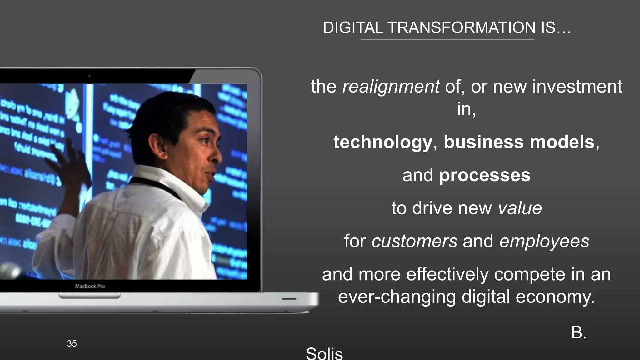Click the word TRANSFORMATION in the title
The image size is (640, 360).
462,28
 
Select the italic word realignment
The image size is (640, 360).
391,87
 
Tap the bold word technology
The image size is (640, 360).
383,142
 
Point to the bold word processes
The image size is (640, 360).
485,175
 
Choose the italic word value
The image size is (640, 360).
520,208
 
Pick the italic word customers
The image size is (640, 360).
414,241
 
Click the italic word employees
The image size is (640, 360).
544,241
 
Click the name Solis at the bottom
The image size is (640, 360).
324,354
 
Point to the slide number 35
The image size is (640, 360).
72,344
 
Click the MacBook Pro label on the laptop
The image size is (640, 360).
90,286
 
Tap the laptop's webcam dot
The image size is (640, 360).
89,76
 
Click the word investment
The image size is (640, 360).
577,87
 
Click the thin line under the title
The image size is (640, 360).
447,40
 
